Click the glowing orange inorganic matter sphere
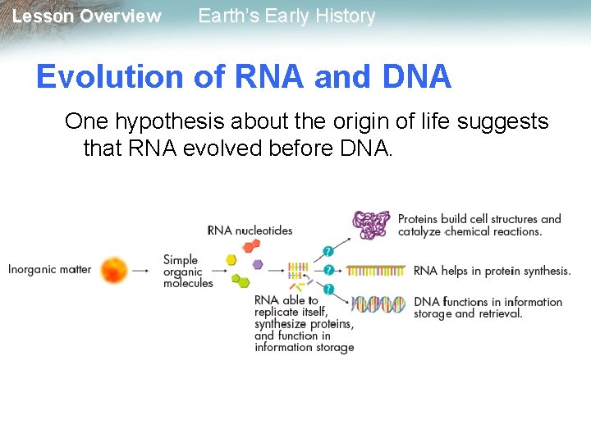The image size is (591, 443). (x=114, y=269)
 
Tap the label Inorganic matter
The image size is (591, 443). (x=49, y=269)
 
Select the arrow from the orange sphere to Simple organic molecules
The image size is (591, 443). (x=140, y=269)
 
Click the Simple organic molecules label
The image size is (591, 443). (x=187, y=272)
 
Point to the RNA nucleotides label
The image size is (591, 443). (x=250, y=231)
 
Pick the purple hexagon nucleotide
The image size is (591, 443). (x=257, y=264)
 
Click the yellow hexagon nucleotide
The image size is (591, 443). (x=231, y=260)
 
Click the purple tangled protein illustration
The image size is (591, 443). (x=371, y=224)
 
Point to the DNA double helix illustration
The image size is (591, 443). (x=378, y=304)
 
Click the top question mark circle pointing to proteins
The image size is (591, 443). (x=328, y=251)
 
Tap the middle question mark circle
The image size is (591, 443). (x=328, y=270)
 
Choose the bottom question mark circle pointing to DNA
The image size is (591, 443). (x=328, y=289)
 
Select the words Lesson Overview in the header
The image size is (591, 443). (x=86, y=16)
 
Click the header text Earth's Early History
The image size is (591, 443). (x=286, y=16)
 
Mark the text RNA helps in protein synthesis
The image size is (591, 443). (x=492, y=271)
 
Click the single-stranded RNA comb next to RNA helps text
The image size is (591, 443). (x=376, y=269)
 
